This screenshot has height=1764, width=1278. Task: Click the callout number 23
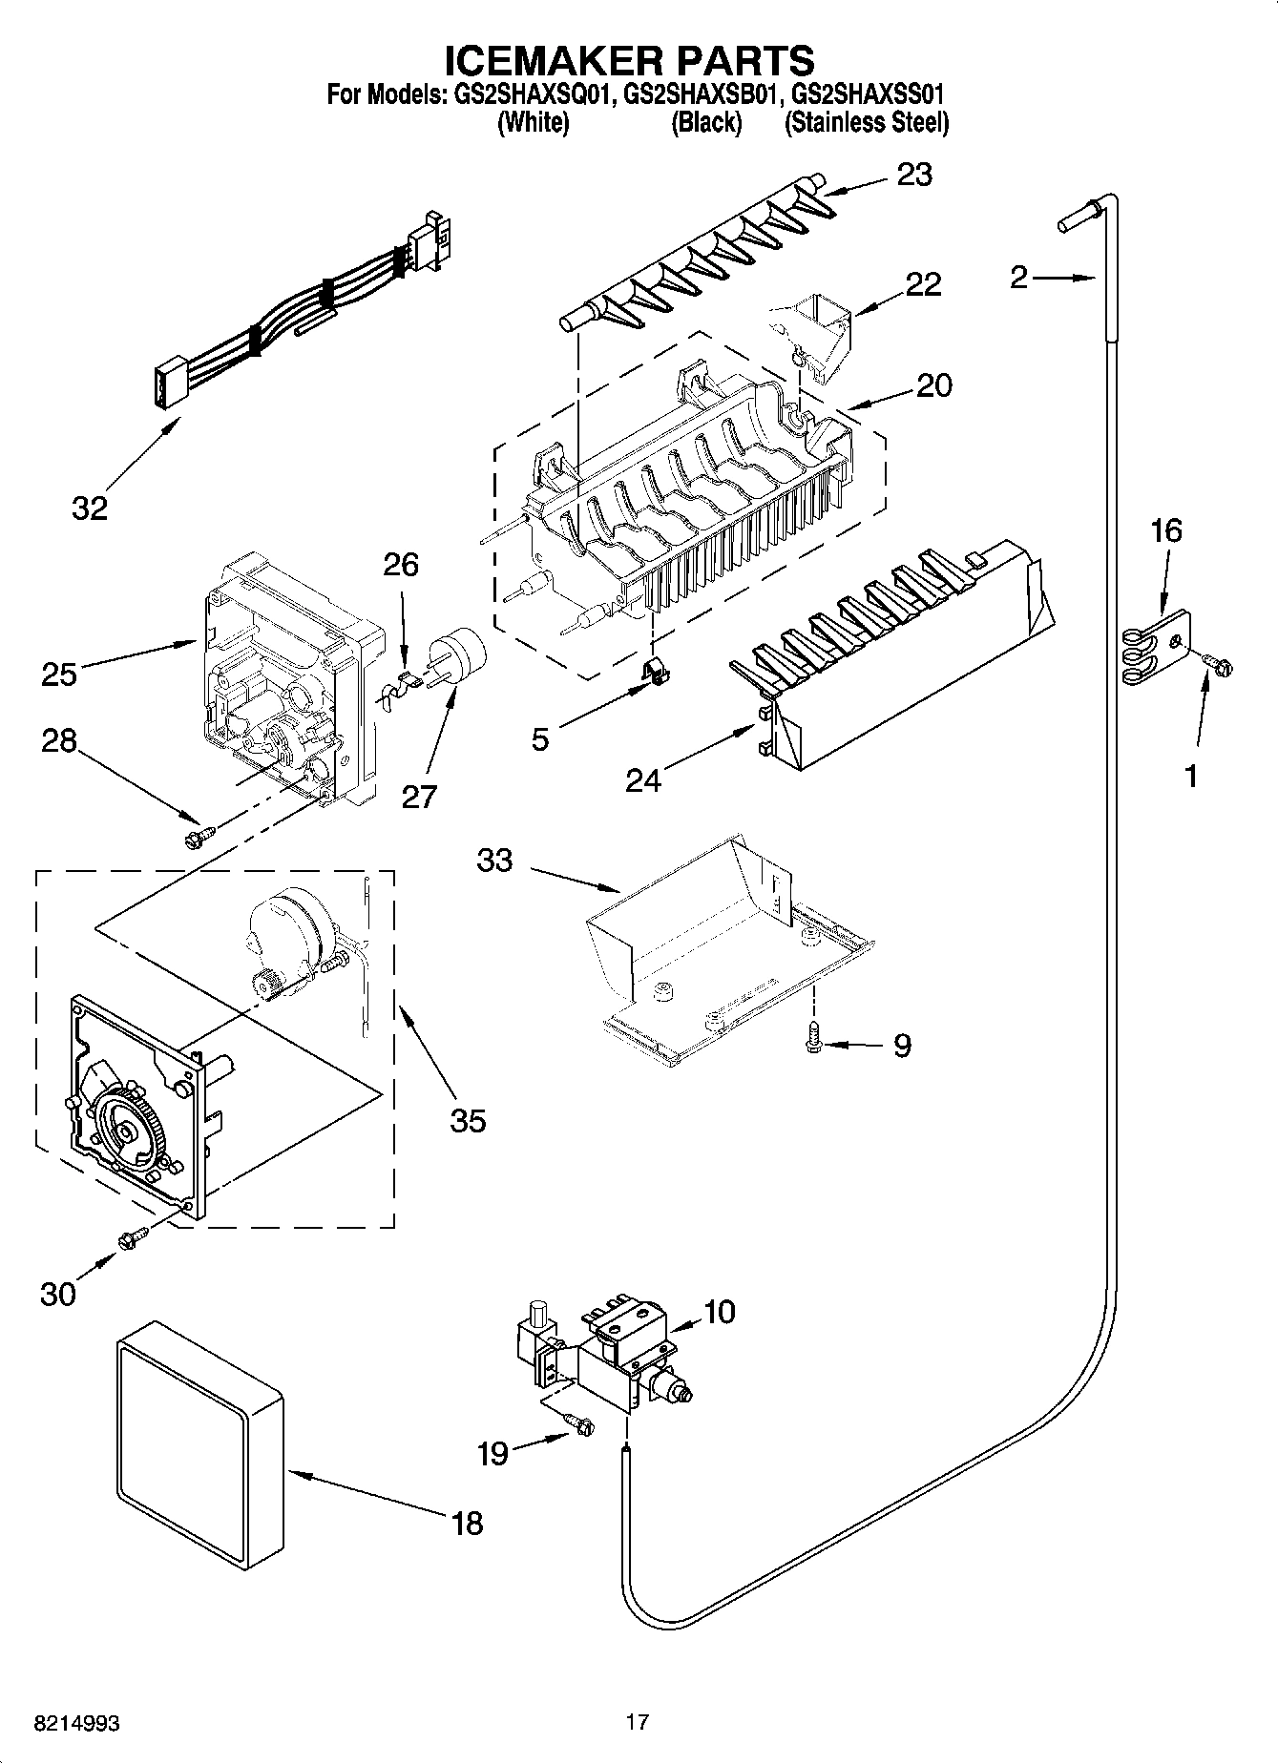pos(913,175)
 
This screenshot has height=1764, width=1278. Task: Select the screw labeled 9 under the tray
pos(813,1038)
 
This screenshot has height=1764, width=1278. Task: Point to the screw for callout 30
pos(131,1238)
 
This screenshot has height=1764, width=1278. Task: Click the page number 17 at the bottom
pos(638,1722)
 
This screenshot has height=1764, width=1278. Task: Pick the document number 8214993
pos(76,1725)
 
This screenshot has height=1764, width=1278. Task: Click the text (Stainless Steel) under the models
pos(866,122)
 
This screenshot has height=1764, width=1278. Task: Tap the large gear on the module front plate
pos(127,1131)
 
